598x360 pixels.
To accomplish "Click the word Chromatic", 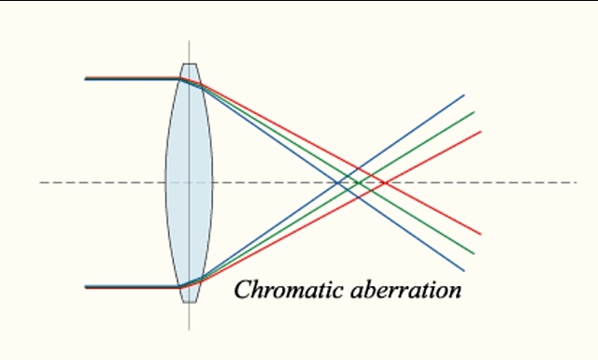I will click(x=289, y=290).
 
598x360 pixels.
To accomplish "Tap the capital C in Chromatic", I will click(x=241, y=290).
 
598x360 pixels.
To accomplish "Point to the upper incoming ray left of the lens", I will click(x=131, y=79).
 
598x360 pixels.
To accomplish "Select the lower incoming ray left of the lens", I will click(x=131, y=287).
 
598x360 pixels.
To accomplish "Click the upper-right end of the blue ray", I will click(x=463, y=95).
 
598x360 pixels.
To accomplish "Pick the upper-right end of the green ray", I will click(x=474, y=113).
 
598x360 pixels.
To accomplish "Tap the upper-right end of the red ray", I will click(x=480, y=132).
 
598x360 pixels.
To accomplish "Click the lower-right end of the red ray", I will click(x=480, y=234).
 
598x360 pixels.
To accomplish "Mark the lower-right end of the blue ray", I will click(x=464, y=270).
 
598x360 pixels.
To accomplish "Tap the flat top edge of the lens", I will click(x=190, y=65).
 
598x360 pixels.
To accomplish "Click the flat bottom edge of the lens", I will click(x=190, y=302).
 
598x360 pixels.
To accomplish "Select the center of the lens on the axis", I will click(x=190, y=182).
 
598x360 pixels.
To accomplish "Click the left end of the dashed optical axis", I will click(x=41, y=182).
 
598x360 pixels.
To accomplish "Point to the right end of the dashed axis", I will click(x=576, y=182).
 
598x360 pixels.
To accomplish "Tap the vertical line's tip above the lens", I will click(x=190, y=42).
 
